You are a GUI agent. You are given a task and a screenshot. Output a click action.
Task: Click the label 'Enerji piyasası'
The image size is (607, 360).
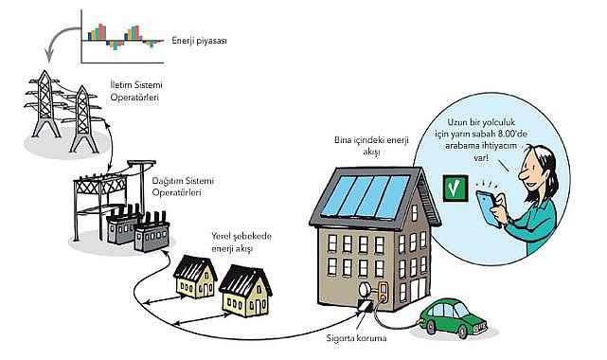click(199, 41)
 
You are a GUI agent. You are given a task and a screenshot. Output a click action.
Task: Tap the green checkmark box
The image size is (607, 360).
click(455, 189)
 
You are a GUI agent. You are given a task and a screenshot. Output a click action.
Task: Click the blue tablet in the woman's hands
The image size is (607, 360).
click(488, 208)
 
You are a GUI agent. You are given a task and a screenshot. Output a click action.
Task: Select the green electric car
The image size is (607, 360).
click(453, 317)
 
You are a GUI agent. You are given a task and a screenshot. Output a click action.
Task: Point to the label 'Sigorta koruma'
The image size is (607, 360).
click(356, 338)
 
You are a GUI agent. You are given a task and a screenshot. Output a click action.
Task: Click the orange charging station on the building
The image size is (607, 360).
click(384, 291)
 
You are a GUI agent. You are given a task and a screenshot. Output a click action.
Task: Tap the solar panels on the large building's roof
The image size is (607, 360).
click(366, 196)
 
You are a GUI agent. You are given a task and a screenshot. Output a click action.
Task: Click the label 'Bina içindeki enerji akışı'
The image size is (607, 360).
click(371, 146)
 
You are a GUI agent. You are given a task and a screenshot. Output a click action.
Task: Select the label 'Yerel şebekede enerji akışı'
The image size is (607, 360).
click(241, 242)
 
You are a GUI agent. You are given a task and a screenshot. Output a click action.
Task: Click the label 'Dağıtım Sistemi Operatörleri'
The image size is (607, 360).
click(183, 187)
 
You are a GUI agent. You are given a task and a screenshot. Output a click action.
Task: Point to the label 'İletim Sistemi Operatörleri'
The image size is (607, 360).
click(135, 91)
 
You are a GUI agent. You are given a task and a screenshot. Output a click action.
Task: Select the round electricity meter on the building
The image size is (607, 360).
click(366, 290)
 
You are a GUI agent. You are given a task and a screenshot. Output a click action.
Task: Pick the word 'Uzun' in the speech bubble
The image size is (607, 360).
click(457, 122)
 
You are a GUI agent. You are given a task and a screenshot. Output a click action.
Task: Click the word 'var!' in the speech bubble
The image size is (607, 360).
click(481, 157)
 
